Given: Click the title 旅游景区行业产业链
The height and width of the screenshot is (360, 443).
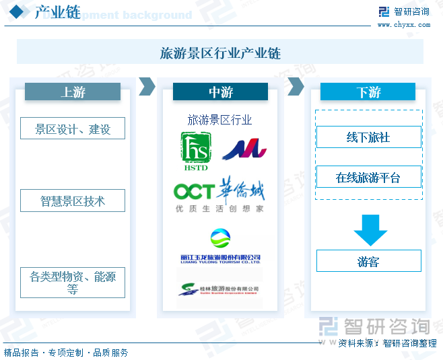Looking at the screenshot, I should (x=220, y=52).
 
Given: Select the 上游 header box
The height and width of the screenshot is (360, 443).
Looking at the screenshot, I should (x=73, y=92).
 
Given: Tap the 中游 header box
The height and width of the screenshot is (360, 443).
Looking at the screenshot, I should (x=220, y=92).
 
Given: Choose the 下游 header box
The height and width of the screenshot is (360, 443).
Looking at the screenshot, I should (x=368, y=92).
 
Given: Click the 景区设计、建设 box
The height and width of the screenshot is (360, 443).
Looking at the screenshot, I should (x=73, y=129).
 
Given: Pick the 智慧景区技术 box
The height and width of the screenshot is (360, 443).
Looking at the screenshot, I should (x=73, y=201).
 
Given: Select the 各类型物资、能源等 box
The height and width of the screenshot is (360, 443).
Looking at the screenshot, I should (x=73, y=282).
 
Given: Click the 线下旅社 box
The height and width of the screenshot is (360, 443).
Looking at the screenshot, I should (x=368, y=137).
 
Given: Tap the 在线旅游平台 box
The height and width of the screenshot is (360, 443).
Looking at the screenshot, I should (x=368, y=178).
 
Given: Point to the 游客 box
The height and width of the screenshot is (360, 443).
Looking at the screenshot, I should (x=368, y=261).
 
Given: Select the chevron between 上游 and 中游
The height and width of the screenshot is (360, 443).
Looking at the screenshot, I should (x=147, y=86).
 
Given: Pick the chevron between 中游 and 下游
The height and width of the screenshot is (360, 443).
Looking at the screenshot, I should (x=295, y=86).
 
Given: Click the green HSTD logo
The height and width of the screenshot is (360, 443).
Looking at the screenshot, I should (x=195, y=151).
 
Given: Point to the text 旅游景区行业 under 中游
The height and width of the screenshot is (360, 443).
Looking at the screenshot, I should (x=219, y=120).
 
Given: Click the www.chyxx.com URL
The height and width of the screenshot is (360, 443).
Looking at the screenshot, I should (x=403, y=24).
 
